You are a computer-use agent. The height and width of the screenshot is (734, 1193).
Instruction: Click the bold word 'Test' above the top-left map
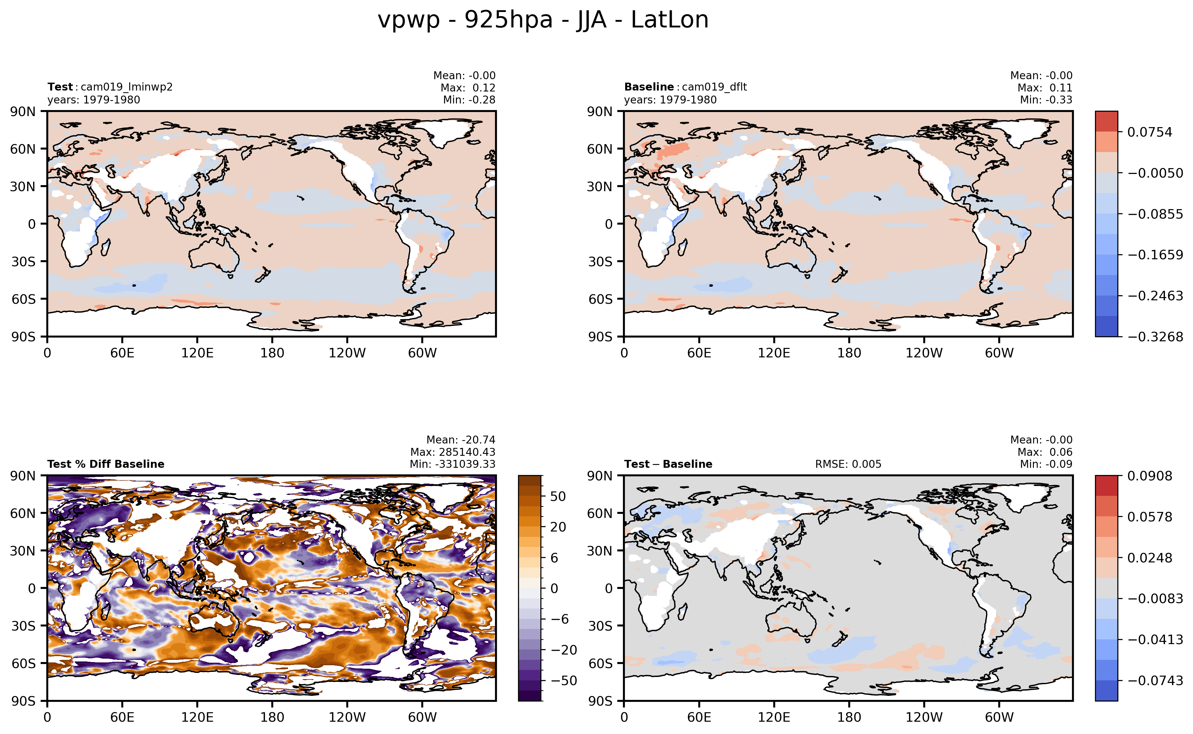pyautogui.click(x=60, y=87)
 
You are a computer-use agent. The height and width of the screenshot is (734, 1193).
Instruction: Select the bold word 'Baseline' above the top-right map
pyautogui.click(x=648, y=87)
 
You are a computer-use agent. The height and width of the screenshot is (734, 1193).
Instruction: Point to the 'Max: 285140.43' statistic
pyautogui.click(x=452, y=452)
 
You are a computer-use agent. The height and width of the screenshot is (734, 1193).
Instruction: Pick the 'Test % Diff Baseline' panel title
pyautogui.click(x=106, y=464)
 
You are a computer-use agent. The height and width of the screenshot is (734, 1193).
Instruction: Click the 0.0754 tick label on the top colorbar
pyautogui.click(x=1149, y=132)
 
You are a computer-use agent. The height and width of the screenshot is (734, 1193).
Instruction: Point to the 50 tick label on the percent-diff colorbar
pyautogui.click(x=558, y=496)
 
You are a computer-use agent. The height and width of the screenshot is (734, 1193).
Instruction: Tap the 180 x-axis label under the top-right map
pyautogui.click(x=849, y=353)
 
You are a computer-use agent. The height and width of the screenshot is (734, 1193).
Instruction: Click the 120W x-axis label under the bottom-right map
pyautogui.click(x=924, y=717)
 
